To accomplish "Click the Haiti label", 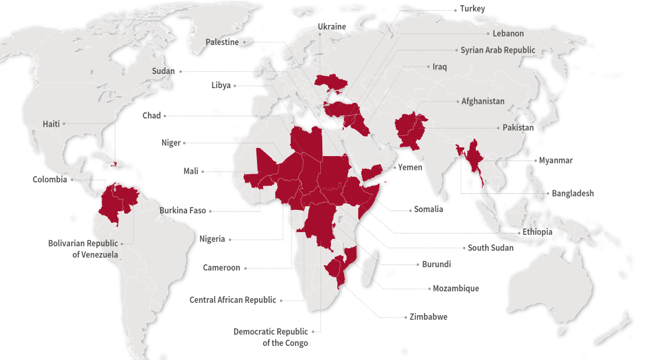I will pos(51,124).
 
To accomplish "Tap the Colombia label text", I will pos(50,180).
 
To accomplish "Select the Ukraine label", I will pos(332,26).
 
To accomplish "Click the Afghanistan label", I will pos(482,101).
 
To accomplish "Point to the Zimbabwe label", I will pos(428,316).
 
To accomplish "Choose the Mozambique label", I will pos(456,289).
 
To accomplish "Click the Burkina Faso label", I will pos(182,211).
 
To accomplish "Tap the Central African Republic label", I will pos(233,300).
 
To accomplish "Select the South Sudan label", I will pos(491,248).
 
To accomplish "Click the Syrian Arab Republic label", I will pos(498,50).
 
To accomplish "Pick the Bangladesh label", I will pos(573,193).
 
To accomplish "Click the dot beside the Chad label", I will pos(165,116).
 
